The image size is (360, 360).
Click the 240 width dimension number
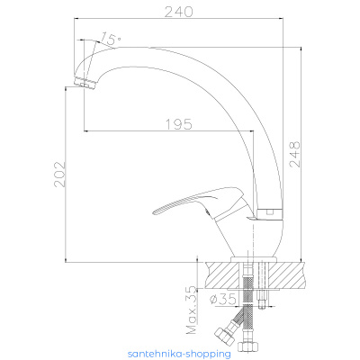pos(178,12)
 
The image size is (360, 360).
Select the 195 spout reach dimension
pos(179,123)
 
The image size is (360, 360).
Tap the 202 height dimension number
pos(59,175)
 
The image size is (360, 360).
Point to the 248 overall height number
pos(294,154)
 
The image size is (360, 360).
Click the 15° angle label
pos(110,38)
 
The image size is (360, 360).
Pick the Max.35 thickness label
pos(191,310)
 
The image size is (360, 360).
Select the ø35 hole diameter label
pos(223,300)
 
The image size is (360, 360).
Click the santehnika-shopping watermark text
pos(179,354)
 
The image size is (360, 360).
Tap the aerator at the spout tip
pos(85,83)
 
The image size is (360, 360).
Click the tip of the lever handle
pos(154,212)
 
